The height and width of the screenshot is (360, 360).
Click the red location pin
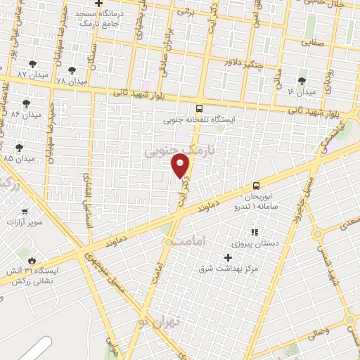[181, 165]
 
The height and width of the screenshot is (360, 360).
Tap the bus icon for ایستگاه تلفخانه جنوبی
[200, 108]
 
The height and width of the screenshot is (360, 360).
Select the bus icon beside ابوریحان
[255, 186]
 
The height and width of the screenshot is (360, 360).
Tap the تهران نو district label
[160, 322]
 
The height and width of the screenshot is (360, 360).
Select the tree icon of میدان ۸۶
[26, 103]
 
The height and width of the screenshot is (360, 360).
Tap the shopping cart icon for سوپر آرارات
[25, 212]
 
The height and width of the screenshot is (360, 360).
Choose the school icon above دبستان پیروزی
[254, 231]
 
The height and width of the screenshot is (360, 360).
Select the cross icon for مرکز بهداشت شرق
[227, 257]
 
